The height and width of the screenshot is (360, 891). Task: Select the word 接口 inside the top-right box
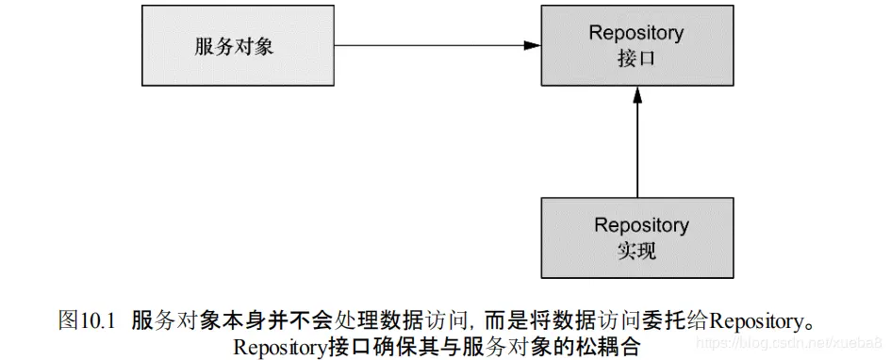(x=636, y=57)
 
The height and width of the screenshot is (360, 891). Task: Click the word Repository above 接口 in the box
(x=636, y=32)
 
